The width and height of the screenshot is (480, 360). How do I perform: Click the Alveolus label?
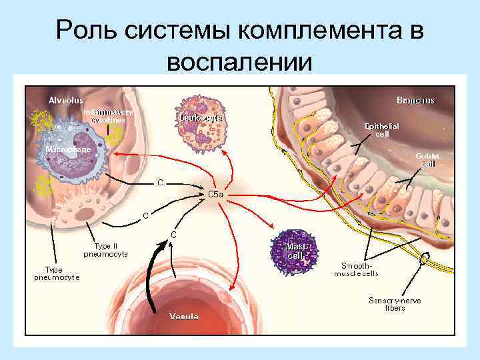pyautogui.click(x=65, y=100)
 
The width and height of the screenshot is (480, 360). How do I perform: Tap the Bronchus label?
pyautogui.click(x=415, y=100)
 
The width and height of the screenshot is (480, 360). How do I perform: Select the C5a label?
pyautogui.click(x=215, y=194)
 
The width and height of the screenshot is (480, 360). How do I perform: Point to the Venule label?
pyautogui.click(x=184, y=316)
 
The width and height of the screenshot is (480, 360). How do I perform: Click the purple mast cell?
pyautogui.click(x=295, y=249)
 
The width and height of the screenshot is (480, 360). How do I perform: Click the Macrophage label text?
pyautogui.click(x=68, y=149)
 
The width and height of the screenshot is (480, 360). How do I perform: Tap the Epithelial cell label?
pyautogui.click(x=382, y=129)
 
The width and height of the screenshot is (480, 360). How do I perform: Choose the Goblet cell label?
pyautogui.click(x=427, y=160)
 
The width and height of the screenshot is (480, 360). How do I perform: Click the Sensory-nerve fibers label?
pyautogui.click(x=395, y=304)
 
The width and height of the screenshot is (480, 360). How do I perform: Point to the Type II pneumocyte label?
pyautogui.click(x=105, y=250)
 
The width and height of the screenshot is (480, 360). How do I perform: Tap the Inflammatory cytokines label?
pyautogui.click(x=108, y=116)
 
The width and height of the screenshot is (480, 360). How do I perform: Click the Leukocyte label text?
pyautogui.click(x=201, y=118)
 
